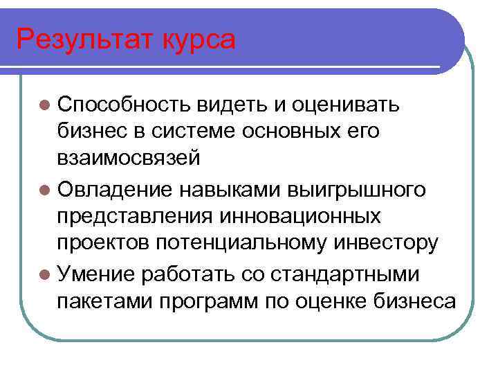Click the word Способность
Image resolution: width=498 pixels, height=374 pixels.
(125, 106)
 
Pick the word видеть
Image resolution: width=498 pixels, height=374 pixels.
(233, 105)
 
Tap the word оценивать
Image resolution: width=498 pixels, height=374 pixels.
(346, 106)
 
